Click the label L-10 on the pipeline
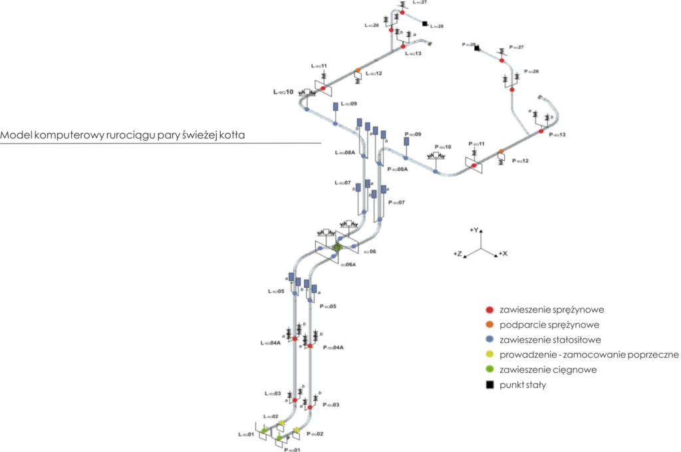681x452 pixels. pyautogui.click(x=283, y=92)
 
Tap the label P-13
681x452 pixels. pyautogui.click(x=557, y=135)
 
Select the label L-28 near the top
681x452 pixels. pyautogui.click(x=436, y=27)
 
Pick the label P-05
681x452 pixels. pyautogui.click(x=328, y=306)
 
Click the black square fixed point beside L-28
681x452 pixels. pyautogui.click(x=425, y=23)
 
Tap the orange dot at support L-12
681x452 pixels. pyautogui.click(x=357, y=70)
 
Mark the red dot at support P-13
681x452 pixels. pyautogui.click(x=541, y=132)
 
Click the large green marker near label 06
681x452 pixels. pyautogui.click(x=337, y=247)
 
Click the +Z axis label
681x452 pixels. pyautogui.click(x=458, y=254)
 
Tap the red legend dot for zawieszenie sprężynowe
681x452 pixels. pyautogui.click(x=489, y=310)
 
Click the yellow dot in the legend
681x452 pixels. pyautogui.click(x=489, y=355)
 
